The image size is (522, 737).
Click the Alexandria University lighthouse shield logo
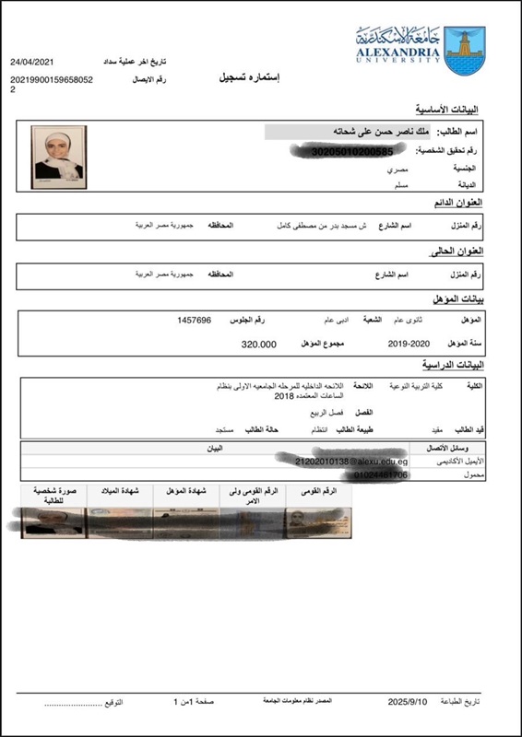(461, 51)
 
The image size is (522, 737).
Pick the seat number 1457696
(195, 320)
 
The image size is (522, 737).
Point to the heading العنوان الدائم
(457, 202)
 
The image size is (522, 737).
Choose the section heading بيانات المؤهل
(458, 298)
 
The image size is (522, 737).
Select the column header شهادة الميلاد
(119, 491)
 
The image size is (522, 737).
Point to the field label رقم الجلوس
(247, 320)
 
